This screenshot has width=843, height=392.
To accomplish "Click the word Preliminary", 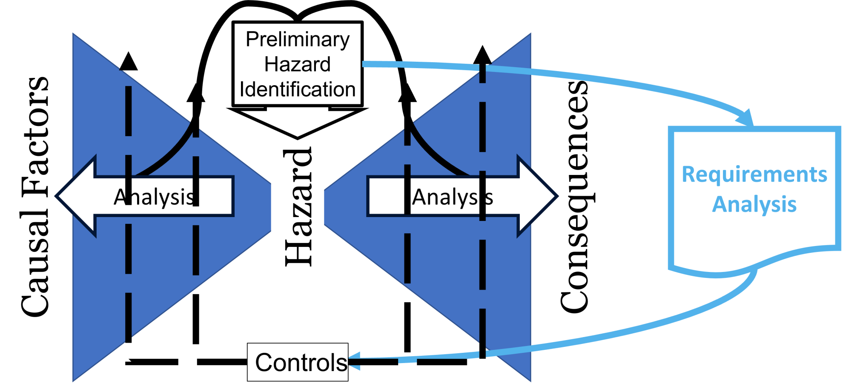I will pyautogui.click(x=298, y=40).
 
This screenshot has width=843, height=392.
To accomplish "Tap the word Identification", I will pyautogui.click(x=298, y=90).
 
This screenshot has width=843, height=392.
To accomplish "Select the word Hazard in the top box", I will pyautogui.click(x=298, y=65).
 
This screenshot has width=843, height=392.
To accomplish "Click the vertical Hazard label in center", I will pyautogui.click(x=298, y=207).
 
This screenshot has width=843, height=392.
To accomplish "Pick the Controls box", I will pyautogui.click(x=298, y=362).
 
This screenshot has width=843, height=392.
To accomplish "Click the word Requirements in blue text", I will pyautogui.click(x=754, y=175).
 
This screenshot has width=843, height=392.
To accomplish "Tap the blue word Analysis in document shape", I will pyautogui.click(x=754, y=204).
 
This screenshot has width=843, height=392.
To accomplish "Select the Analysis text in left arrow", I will pyautogui.click(x=154, y=197).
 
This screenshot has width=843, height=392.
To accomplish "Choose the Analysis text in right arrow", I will pyautogui.click(x=452, y=197).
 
